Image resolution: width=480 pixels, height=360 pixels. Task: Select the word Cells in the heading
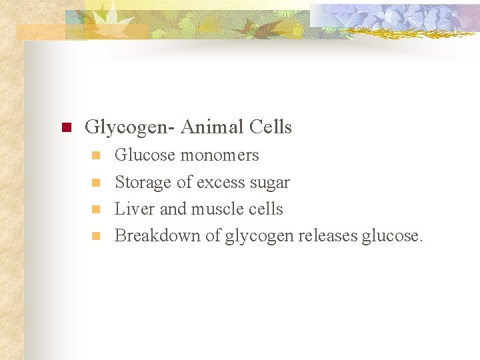pos(270,127)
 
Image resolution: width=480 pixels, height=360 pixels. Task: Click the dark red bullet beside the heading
pos(65,127)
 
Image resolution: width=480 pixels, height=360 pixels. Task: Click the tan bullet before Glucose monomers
pos(95,155)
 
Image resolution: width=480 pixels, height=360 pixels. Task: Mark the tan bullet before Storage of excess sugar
pos(95,182)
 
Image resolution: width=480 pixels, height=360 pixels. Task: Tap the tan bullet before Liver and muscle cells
pos(95,209)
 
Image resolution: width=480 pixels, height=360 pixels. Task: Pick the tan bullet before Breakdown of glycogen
pos(95,235)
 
